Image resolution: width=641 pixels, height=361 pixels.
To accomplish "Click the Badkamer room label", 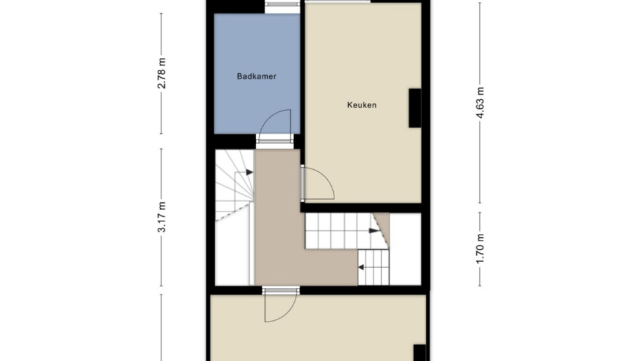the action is tap(257, 76).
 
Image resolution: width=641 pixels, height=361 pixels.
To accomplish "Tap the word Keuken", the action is tap(362, 105).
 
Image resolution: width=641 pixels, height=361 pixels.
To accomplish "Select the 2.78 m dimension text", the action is tap(162, 74).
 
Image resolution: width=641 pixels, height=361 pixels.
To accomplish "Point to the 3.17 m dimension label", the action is tap(162, 217).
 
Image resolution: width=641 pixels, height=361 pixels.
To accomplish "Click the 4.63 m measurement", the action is tap(480, 103).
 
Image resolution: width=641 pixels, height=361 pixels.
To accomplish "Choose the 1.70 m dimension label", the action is tap(480, 249).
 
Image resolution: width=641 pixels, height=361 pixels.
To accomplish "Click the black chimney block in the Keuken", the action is tap(415, 108).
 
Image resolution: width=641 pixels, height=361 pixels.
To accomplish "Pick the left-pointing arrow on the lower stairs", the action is tap(361, 267).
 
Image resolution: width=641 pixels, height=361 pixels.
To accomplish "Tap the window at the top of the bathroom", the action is tap(282, 5).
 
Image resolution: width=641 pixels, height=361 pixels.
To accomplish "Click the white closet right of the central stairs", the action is tap(405, 249).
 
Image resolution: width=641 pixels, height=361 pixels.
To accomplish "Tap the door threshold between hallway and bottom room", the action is tap(281, 291).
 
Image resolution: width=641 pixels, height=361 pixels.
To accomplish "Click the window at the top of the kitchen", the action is tap(338, 1).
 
